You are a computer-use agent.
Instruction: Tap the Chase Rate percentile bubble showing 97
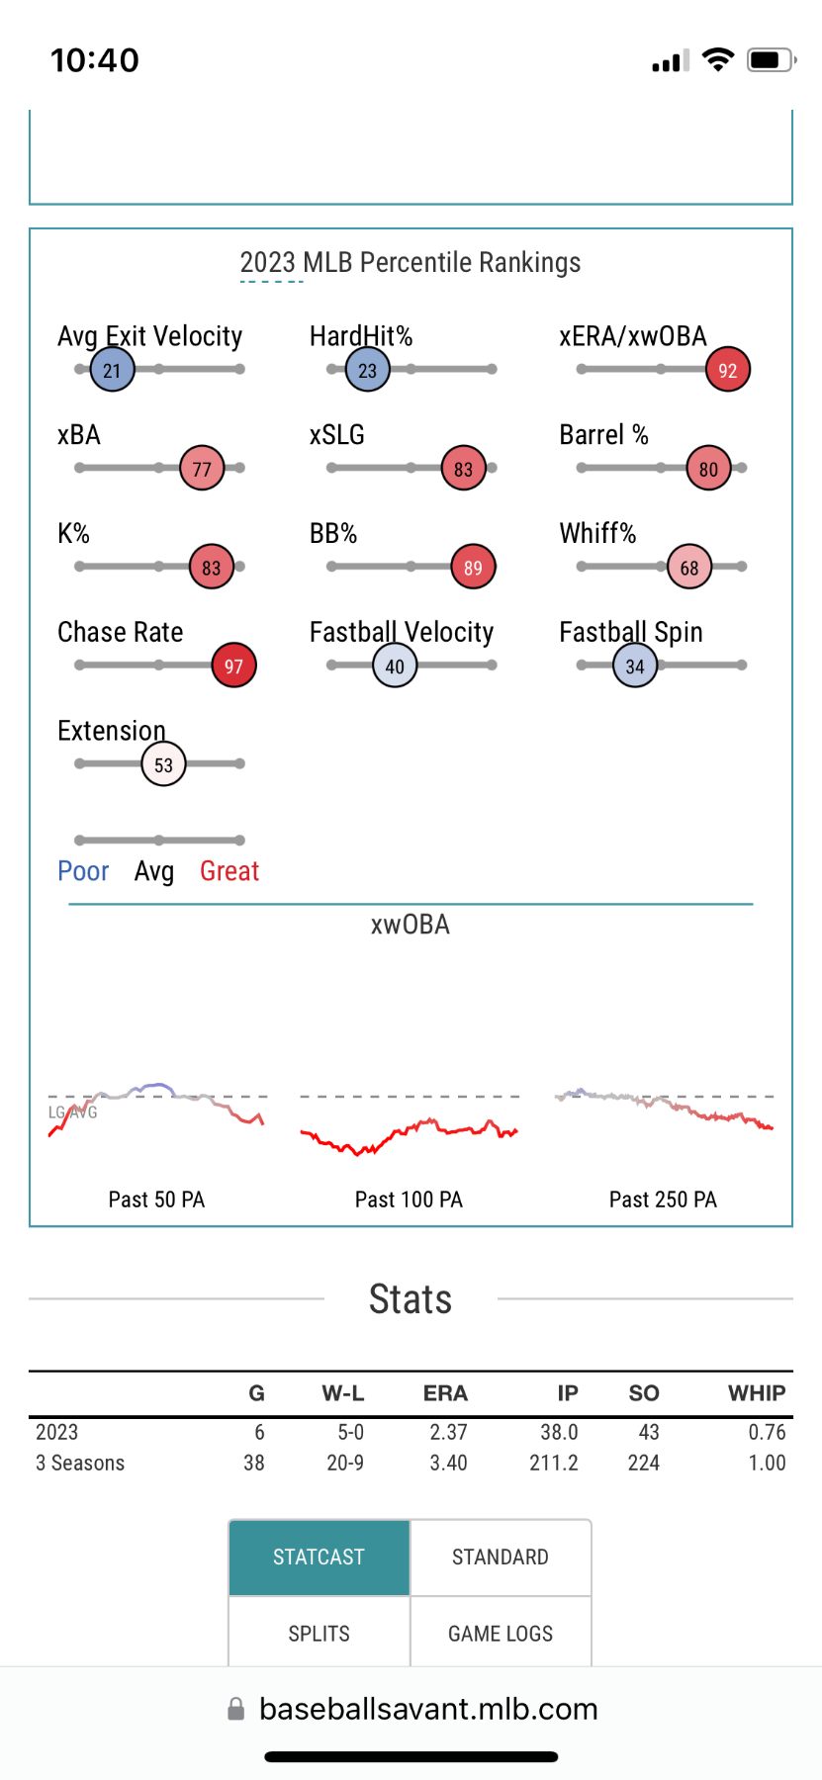coord(233,666)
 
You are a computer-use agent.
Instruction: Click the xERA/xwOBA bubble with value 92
coord(728,370)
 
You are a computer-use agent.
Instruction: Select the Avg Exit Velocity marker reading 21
coord(112,370)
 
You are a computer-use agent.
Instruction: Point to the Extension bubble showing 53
coord(163,764)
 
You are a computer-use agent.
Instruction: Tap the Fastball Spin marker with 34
coord(635,666)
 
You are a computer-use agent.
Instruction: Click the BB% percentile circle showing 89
coord(473,567)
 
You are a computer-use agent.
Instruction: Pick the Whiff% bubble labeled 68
coord(689,567)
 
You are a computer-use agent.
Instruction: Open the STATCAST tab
coord(319,1557)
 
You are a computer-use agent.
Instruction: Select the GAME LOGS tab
coord(501,1634)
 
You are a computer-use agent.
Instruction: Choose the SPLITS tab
coord(319,1634)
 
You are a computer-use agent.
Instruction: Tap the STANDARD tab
coord(501,1557)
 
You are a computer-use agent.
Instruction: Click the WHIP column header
coord(757,1393)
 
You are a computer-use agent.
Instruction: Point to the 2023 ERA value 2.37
coord(448,1432)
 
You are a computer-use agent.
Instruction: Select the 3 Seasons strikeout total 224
coord(643,1463)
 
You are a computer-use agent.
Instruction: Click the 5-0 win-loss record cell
coord(345,1432)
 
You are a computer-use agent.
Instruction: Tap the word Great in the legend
coord(229,871)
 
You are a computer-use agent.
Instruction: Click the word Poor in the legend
coord(83,871)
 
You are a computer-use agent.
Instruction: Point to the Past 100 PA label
coord(409,1200)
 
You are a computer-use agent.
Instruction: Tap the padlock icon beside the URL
coord(235,1709)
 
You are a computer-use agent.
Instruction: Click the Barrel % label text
coord(603,435)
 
